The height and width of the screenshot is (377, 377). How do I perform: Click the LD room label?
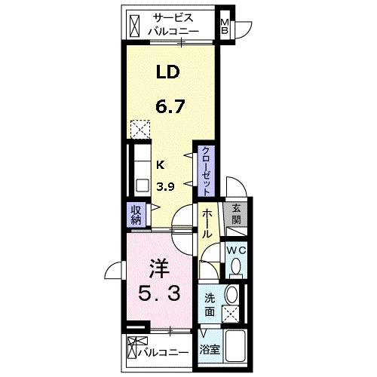(x=168, y=72)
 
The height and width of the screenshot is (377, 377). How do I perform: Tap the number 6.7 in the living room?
(x=170, y=106)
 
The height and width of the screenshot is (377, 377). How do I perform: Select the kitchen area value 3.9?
(x=165, y=187)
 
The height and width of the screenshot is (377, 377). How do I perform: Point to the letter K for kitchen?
(x=161, y=165)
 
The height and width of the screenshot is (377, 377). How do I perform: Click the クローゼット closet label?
(x=206, y=171)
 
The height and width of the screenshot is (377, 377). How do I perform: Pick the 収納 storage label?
(x=136, y=215)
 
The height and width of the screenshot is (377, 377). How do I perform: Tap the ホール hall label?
(x=207, y=223)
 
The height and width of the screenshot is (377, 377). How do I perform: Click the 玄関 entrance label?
(x=236, y=214)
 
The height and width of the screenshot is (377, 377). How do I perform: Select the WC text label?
(x=236, y=250)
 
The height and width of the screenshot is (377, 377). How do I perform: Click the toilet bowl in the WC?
(x=236, y=266)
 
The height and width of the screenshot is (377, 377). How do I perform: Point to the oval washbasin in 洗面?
(x=231, y=295)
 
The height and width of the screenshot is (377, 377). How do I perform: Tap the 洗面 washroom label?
(x=210, y=305)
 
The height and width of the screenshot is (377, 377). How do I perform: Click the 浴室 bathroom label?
(x=210, y=349)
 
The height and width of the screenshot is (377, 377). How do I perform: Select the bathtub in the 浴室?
(x=235, y=346)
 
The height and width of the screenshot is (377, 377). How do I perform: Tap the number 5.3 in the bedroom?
(x=159, y=293)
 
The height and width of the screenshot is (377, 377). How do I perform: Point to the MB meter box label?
(x=225, y=26)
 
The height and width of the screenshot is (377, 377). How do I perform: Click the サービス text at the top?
(x=173, y=18)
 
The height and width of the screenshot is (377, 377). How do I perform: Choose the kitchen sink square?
(x=143, y=185)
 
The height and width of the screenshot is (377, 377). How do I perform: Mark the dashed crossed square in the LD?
(x=140, y=129)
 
